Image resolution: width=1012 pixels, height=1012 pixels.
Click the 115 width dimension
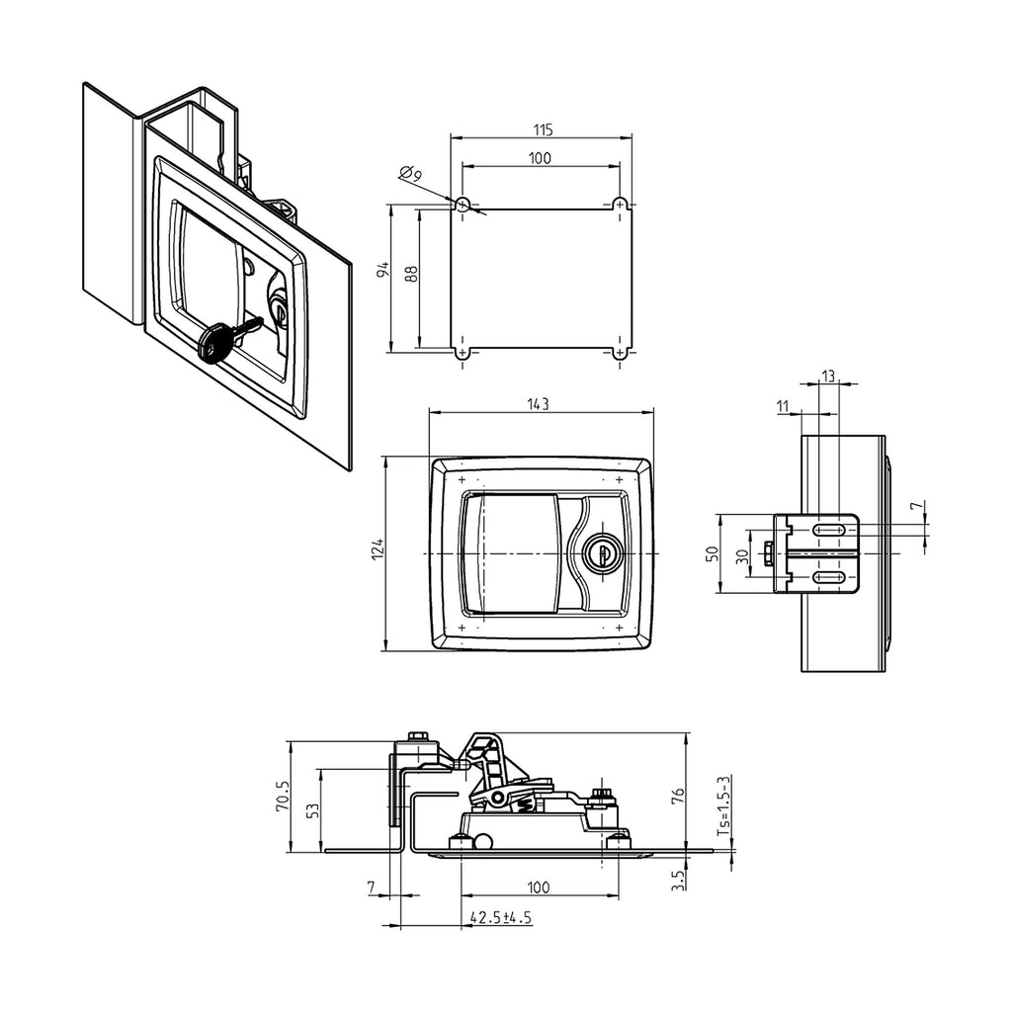543,129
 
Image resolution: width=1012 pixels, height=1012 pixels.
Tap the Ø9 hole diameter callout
410,173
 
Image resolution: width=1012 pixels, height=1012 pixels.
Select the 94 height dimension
381,270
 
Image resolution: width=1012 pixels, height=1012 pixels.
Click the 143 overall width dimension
538,404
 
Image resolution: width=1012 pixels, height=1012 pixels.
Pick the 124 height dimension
378,548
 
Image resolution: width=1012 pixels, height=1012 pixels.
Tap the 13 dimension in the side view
828,375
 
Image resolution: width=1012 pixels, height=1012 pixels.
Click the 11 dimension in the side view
783,406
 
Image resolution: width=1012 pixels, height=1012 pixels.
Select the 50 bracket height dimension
712,553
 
